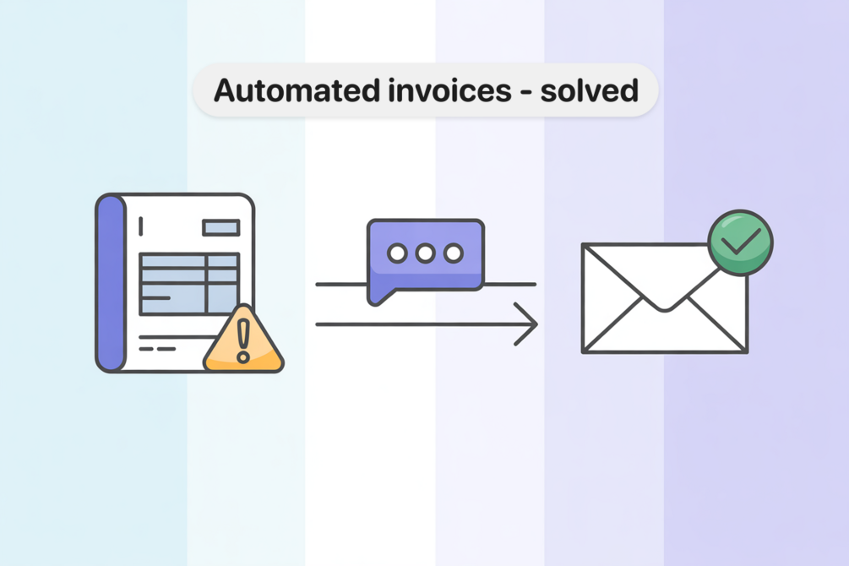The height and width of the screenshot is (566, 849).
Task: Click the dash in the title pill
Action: tap(525, 91)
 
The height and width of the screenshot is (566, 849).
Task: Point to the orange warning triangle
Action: tap(243, 341)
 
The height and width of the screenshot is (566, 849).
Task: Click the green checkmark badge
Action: tap(740, 242)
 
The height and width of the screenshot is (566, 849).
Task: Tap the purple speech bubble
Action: tap(425, 253)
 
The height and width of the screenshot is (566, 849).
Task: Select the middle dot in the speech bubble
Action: tap(425, 253)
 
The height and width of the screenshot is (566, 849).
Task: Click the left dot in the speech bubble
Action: tap(396, 253)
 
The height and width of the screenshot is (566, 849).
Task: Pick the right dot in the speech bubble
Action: tap(454, 253)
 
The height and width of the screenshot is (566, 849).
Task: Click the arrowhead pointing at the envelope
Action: tap(528, 324)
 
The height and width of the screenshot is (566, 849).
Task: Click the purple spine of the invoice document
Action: tap(110, 283)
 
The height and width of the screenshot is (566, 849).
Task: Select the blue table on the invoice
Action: tap(188, 283)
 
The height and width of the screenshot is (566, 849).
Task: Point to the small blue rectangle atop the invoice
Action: tap(220, 227)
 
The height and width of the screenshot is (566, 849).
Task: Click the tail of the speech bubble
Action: tap(377, 294)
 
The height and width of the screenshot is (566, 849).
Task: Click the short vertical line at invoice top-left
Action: tap(140, 226)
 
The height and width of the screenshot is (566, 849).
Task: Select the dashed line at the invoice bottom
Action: tap(157, 347)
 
